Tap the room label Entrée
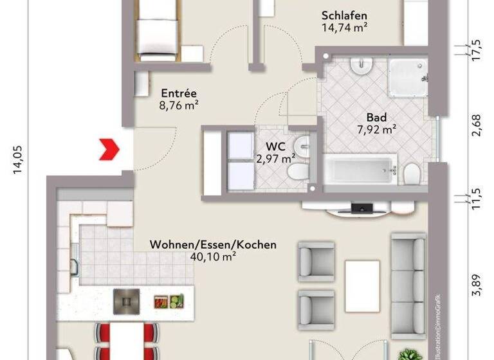point(179,92)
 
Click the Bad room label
point(376,118)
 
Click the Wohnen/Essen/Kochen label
point(213,245)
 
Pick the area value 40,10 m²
point(213,256)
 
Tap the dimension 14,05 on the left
point(17,159)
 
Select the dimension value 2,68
point(477,125)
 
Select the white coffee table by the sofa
point(361,285)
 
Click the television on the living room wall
point(361,207)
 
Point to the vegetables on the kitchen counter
point(169,301)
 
